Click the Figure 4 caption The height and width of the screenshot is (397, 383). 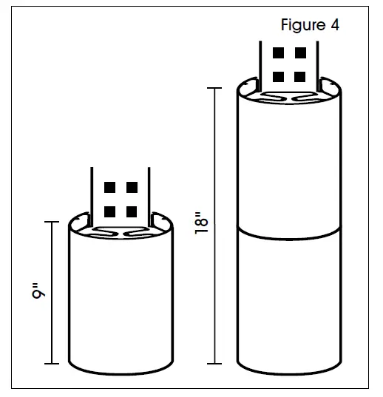(x=310, y=24)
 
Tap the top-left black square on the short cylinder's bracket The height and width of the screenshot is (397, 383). (x=110, y=187)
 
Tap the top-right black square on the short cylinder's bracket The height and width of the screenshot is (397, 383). (x=132, y=187)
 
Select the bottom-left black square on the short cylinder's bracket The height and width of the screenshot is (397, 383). (x=110, y=211)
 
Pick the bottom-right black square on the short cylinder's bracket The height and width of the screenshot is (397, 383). (x=132, y=211)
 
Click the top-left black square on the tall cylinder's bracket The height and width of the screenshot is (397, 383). (x=279, y=54)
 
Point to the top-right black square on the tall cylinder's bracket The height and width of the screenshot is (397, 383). (x=299, y=54)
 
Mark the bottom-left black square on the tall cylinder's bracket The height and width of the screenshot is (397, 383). (x=279, y=76)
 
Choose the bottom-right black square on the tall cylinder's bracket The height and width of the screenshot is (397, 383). (x=299, y=76)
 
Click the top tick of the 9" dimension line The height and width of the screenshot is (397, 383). (x=52, y=222)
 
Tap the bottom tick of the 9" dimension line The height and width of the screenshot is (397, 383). (x=52, y=364)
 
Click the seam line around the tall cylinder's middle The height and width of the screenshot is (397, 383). (x=290, y=234)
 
